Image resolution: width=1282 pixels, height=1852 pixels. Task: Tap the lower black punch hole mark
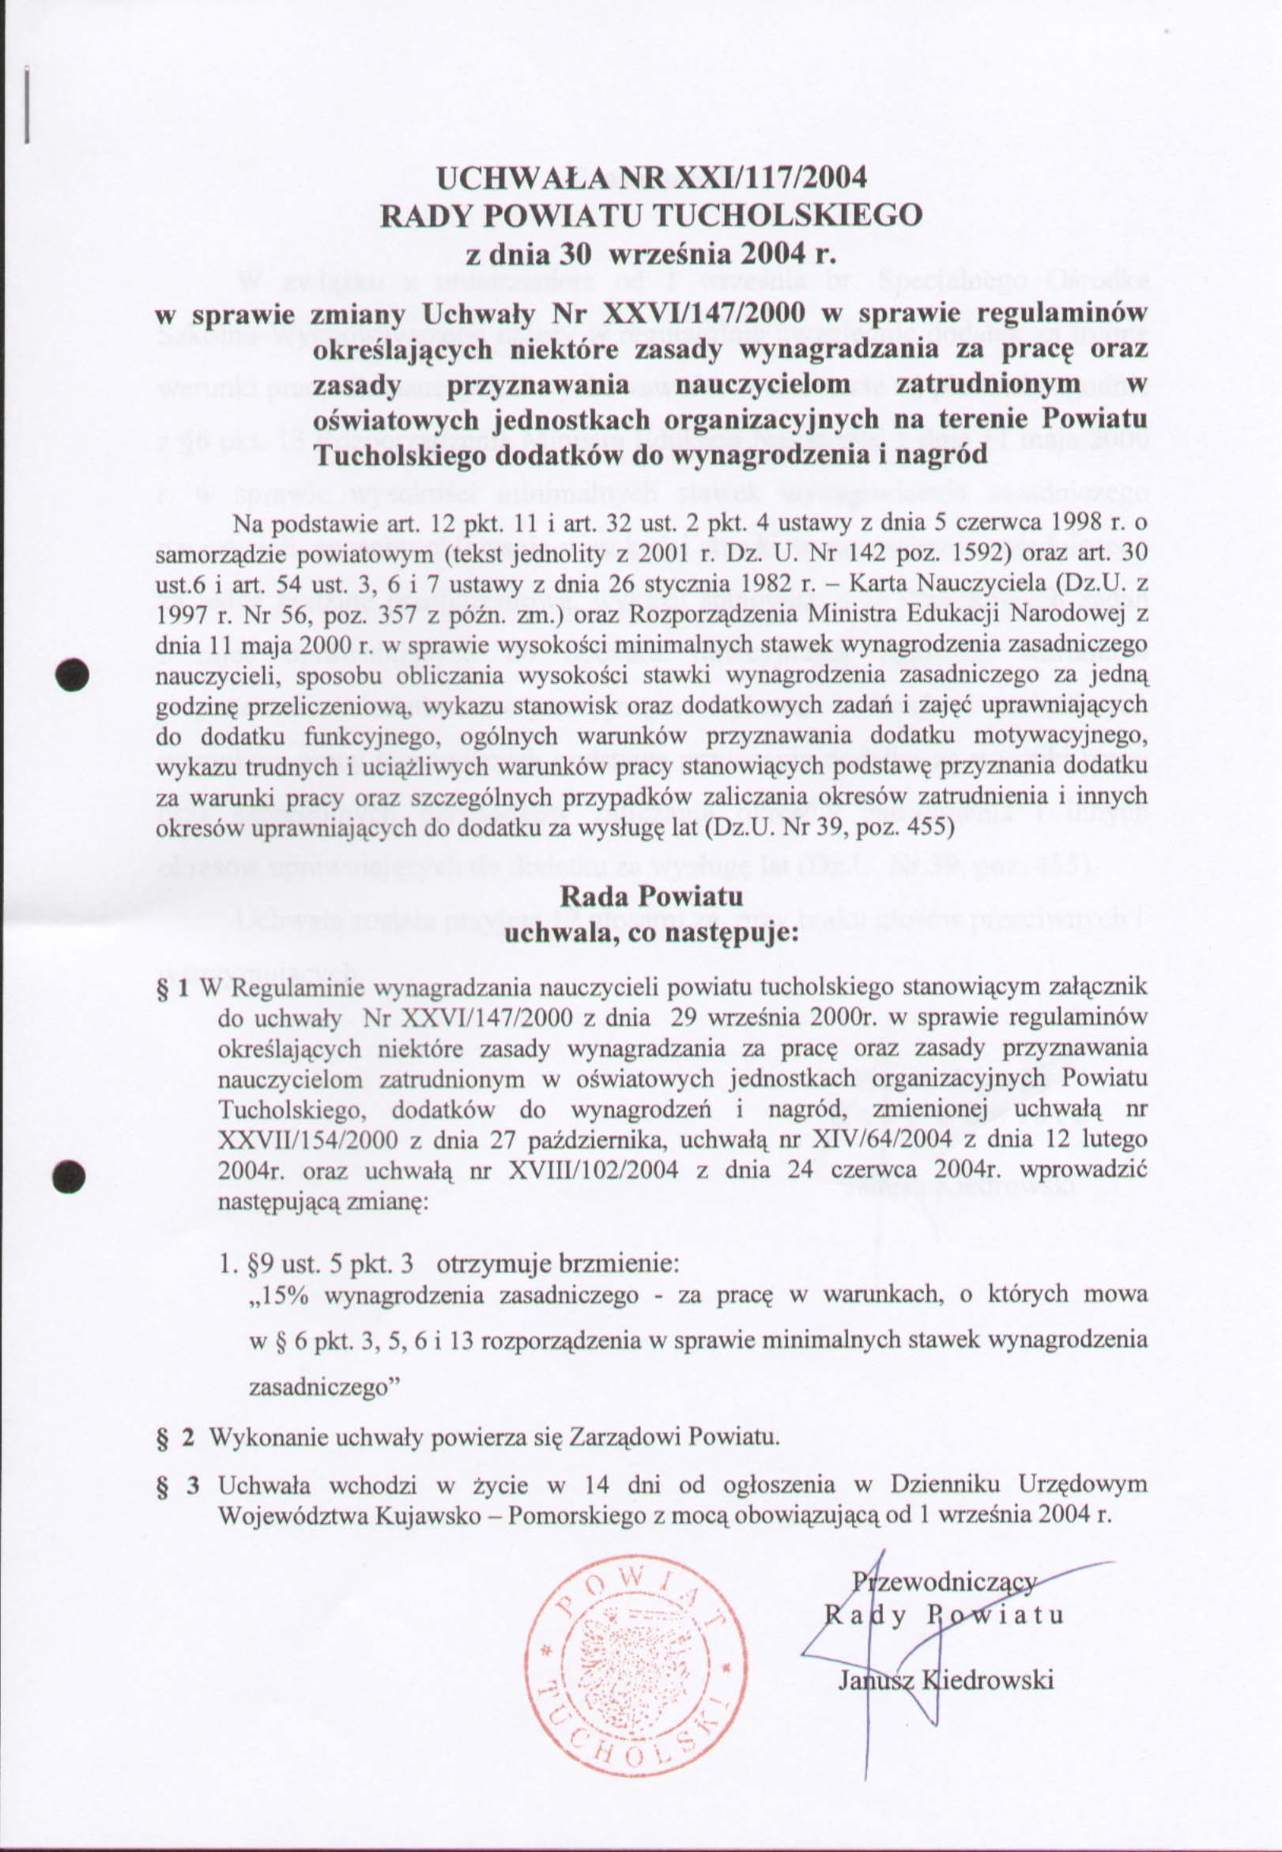71,1174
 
